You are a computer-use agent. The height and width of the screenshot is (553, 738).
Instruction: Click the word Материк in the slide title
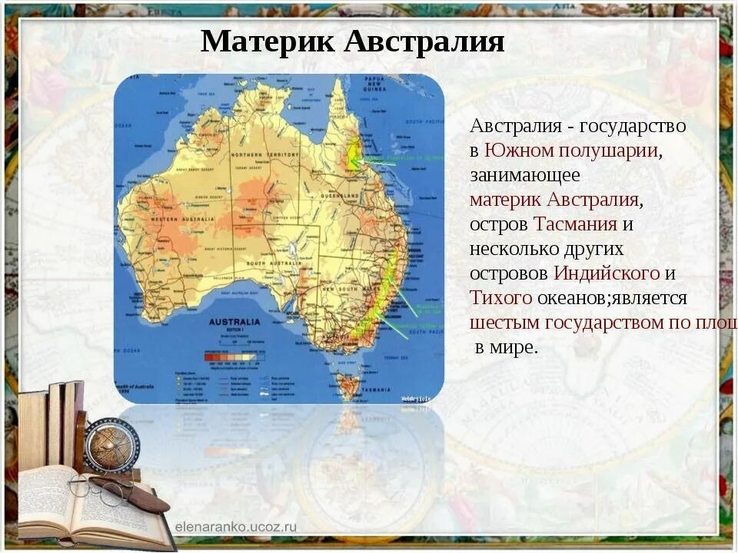[268, 41]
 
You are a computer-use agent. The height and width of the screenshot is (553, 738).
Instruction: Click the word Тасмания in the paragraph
[576, 224]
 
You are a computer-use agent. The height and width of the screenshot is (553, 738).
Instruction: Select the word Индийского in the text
[607, 273]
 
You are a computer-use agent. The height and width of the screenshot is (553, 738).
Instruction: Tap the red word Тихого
[500, 298]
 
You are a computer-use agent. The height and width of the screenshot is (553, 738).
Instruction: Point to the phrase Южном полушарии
[571, 151]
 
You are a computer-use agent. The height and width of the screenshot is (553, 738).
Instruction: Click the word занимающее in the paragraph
[525, 175]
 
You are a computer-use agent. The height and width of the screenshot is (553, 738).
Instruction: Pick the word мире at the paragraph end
[514, 347]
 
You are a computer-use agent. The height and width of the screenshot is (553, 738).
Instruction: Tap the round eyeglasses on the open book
[100, 488]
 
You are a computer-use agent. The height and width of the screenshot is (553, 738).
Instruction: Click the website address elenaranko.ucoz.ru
[235, 526]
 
